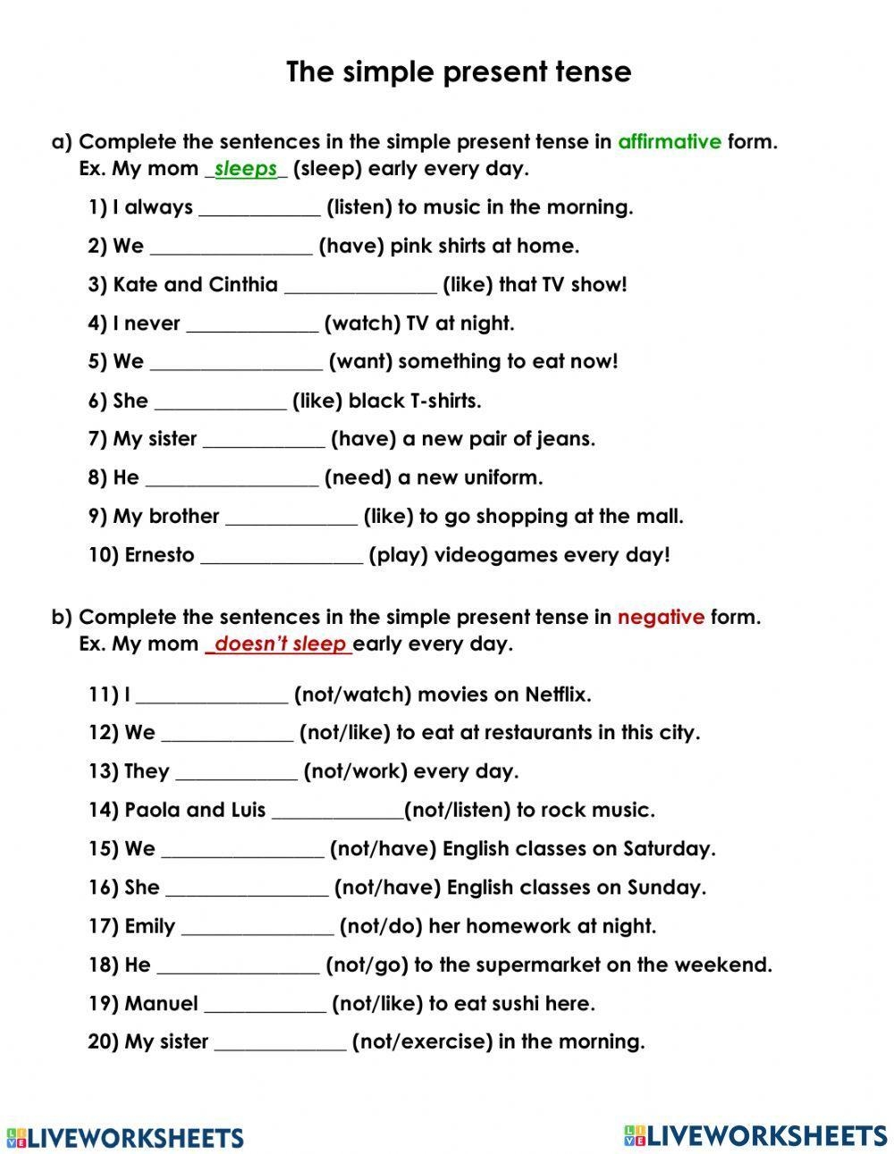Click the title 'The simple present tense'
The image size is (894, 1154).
[459, 72]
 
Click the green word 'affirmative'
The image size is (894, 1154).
[669, 141]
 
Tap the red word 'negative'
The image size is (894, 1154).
[661, 617]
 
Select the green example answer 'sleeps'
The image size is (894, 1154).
[246, 169]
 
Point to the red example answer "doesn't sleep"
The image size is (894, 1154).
[280, 644]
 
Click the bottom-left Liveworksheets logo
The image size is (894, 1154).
[125, 1137]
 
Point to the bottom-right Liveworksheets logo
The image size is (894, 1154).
[755, 1135]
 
